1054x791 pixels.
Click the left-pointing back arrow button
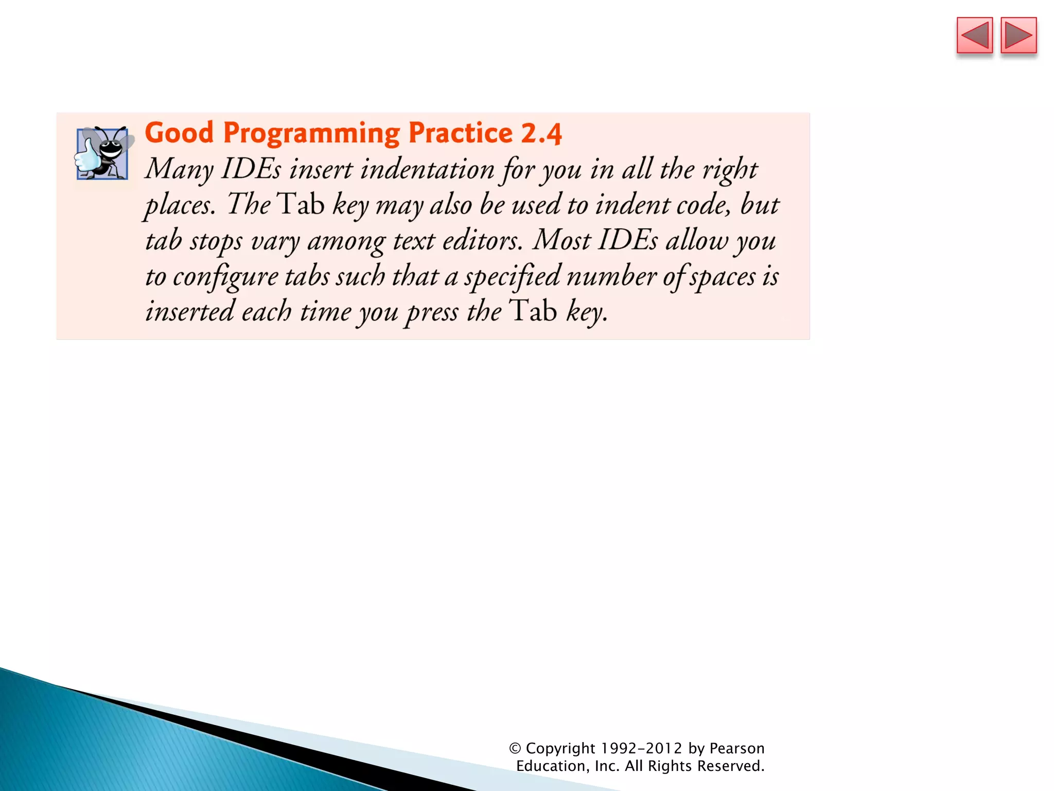pos(974,36)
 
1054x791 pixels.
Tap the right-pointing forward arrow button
pos(1018,36)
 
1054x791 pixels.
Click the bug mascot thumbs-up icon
pos(102,153)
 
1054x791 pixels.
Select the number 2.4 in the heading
pos(541,133)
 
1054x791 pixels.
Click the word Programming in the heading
pos(311,134)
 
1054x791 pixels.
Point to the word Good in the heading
pos(179,133)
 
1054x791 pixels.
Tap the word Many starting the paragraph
pos(179,170)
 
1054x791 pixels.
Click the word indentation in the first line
pos(427,169)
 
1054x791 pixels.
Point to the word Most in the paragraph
pos(561,240)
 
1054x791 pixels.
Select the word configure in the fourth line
pos(225,277)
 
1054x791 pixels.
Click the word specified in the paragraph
pos(512,277)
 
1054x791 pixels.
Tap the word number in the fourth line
pos(611,276)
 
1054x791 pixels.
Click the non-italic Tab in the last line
pos(533,311)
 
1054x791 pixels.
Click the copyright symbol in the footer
pos(515,748)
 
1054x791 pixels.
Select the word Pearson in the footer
pos(736,748)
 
